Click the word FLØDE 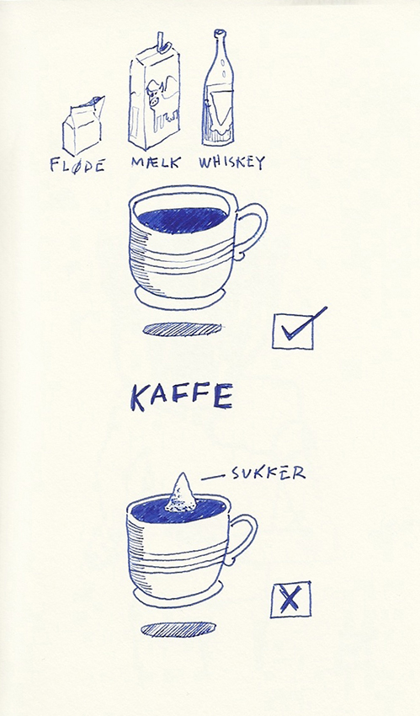77,165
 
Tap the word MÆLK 156,162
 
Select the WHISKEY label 231,162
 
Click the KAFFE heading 182,397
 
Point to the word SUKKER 268,473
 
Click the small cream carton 83,126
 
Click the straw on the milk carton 161,40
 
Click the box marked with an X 290,599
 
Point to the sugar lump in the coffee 181,493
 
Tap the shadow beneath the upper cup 182,329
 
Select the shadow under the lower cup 178,629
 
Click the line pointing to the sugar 212,477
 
